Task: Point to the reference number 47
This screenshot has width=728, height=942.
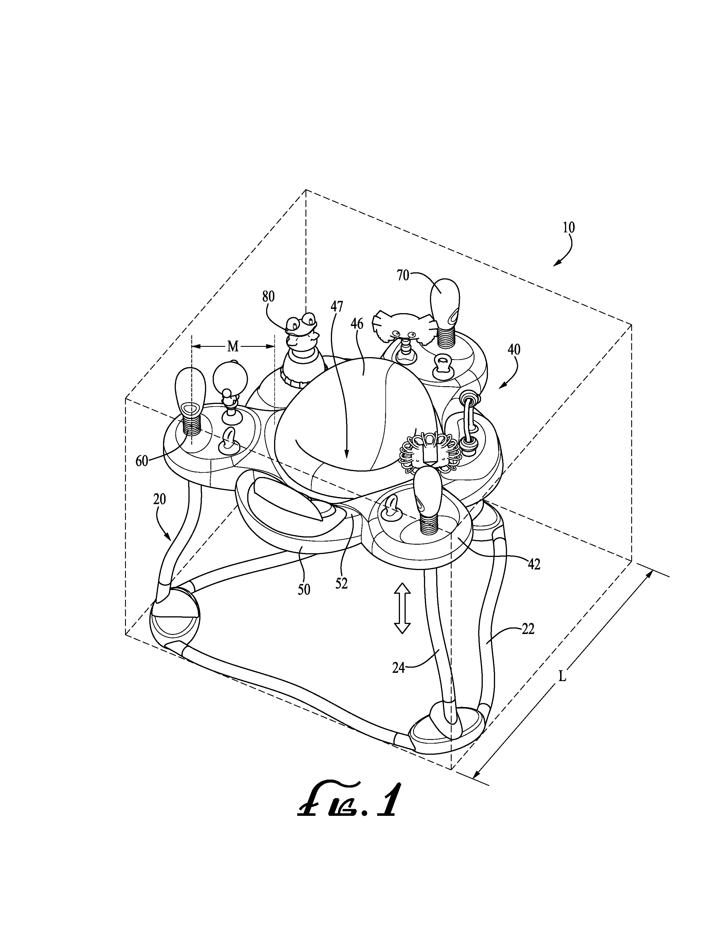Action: tap(337, 306)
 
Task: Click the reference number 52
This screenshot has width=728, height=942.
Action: tap(341, 583)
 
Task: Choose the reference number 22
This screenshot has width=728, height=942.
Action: tap(528, 629)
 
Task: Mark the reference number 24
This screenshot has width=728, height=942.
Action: tap(399, 668)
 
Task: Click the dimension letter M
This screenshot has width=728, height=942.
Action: tap(233, 346)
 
